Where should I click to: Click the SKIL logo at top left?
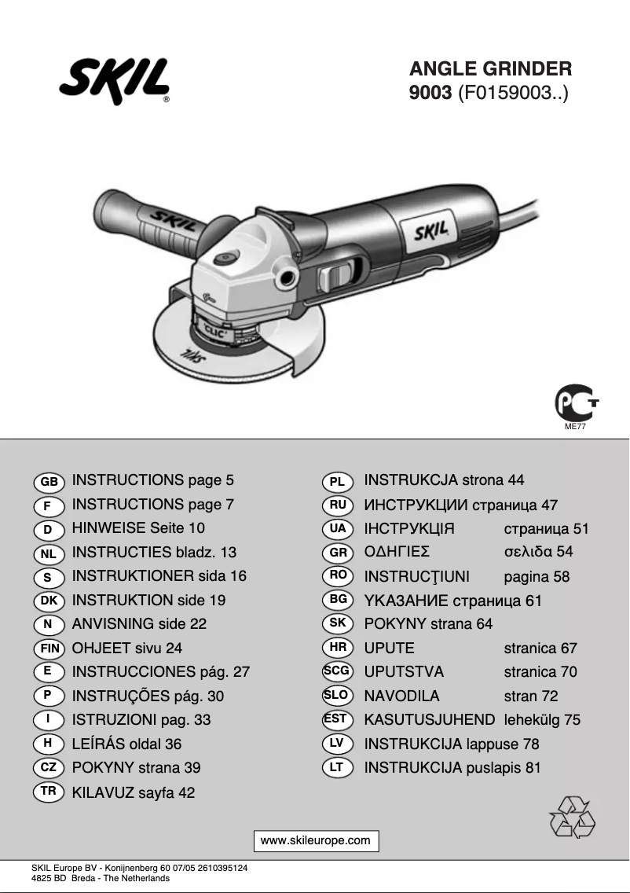click(x=114, y=82)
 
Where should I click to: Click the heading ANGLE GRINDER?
click(x=490, y=69)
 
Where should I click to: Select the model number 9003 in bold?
click(x=430, y=94)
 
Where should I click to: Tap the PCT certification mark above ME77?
click(x=577, y=402)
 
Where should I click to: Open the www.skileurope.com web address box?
click(x=315, y=840)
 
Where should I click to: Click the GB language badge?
click(x=49, y=481)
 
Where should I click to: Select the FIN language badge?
click(x=49, y=649)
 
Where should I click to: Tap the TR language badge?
click(x=49, y=792)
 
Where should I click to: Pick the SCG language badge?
click(x=338, y=671)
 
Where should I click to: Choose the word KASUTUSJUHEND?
click(x=430, y=720)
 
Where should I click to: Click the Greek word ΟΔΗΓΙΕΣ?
click(x=397, y=552)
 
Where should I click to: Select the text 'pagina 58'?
click(x=537, y=577)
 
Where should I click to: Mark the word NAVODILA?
click(x=401, y=696)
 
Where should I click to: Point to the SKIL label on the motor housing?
click(x=430, y=230)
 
